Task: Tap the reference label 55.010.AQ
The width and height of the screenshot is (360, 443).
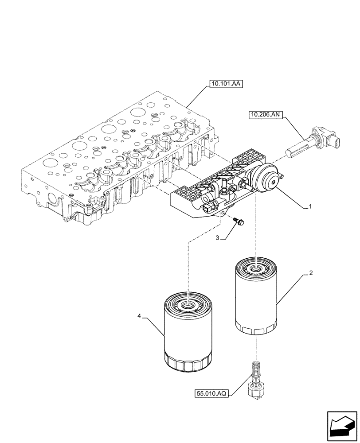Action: click(x=211, y=392)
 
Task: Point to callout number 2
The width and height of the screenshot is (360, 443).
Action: click(x=311, y=273)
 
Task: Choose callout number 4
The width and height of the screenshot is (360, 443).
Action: click(x=140, y=316)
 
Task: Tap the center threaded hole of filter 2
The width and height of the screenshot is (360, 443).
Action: click(x=257, y=268)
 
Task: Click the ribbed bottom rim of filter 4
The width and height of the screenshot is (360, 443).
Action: click(x=187, y=364)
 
